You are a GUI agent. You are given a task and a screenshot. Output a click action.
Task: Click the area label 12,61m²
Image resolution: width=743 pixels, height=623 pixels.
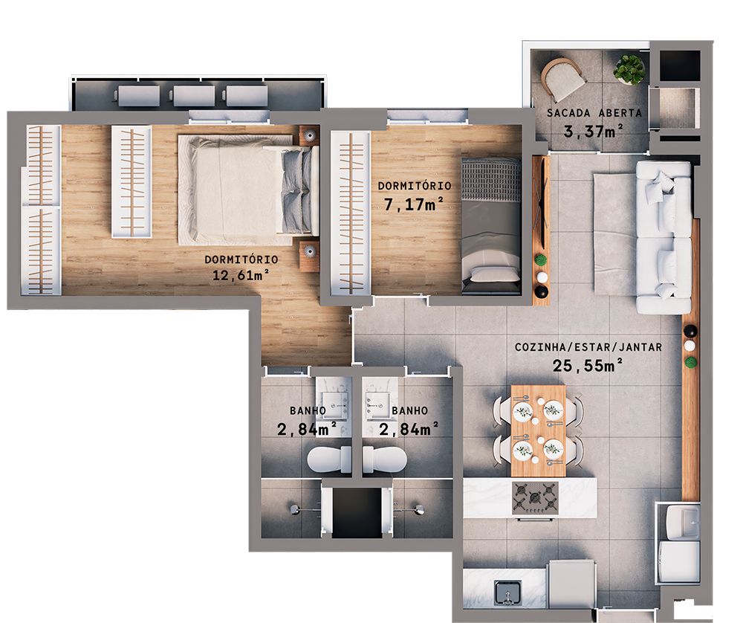[240, 276]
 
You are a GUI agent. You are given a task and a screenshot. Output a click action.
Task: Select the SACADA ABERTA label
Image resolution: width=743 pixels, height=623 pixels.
[594, 114]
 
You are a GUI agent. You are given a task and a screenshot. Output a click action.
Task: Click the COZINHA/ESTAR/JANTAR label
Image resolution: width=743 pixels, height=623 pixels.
[588, 347]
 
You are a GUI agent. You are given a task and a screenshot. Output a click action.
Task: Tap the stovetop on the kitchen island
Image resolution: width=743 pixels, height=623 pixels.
[535, 496]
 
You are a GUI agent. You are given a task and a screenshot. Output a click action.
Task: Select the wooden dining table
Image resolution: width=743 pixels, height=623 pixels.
[538, 430]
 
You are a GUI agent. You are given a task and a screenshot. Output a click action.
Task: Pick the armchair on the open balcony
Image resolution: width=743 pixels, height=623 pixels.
[564, 77]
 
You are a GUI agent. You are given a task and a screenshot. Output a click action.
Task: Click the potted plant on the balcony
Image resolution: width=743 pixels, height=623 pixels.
[629, 69]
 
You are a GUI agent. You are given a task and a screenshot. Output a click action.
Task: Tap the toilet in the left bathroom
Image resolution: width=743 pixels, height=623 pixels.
[328, 459]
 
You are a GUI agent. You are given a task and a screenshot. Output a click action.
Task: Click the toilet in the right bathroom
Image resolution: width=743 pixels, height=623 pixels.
[386, 459]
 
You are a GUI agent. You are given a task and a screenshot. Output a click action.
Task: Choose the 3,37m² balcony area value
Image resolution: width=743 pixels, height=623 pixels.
[594, 132]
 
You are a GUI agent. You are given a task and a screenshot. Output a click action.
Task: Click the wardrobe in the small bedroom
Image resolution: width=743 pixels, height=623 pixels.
[349, 213]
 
